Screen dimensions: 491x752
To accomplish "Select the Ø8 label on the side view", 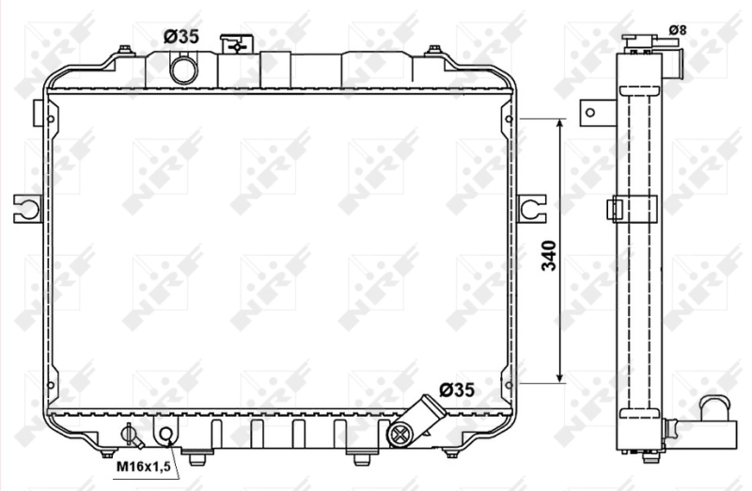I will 678,30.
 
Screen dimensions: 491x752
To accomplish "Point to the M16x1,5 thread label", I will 143,467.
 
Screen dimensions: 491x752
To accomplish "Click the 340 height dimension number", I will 550,256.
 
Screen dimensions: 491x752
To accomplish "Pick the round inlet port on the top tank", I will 183,69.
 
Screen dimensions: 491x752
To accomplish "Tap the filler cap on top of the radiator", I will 232,44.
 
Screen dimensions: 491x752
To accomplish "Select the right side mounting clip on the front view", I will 531,207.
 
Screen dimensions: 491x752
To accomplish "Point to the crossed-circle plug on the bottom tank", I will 399,434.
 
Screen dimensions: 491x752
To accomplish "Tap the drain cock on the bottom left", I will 131,436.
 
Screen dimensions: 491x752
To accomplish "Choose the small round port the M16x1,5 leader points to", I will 166,434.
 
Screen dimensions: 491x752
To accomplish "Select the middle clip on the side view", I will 632,207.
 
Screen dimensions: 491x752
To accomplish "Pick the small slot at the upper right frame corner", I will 509,119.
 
